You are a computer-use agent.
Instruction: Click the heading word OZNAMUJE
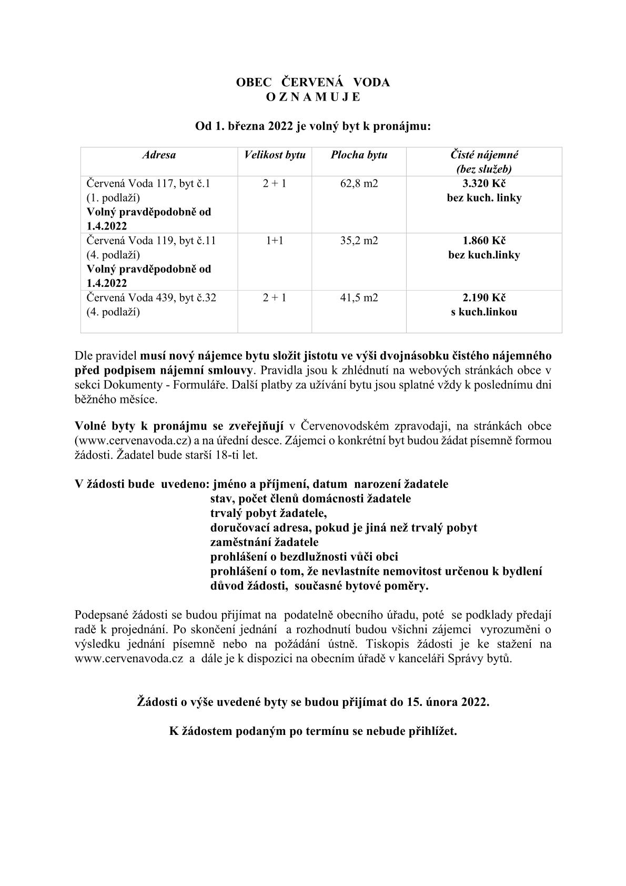pyautogui.click(x=313, y=97)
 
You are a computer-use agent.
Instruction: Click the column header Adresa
pyautogui.click(x=159, y=155)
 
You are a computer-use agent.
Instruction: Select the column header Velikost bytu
pyautogui.click(x=275, y=155)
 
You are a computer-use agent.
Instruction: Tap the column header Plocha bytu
pyautogui.click(x=359, y=155)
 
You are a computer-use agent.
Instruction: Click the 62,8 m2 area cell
pyautogui.click(x=359, y=184)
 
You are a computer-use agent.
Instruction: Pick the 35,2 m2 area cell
pyautogui.click(x=359, y=241)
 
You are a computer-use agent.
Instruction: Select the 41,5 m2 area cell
pyautogui.click(x=359, y=297)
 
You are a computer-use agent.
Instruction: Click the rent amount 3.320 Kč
pyautogui.click(x=484, y=184)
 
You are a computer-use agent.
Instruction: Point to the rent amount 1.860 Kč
pyautogui.click(x=484, y=241)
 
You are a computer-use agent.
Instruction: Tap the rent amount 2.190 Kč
pyautogui.click(x=484, y=297)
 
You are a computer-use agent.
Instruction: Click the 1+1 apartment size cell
pyautogui.click(x=275, y=241)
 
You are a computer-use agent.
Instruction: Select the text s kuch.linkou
pyautogui.click(x=484, y=312)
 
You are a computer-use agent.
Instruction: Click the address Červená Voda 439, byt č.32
pyautogui.click(x=152, y=297)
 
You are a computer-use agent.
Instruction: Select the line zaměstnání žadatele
pyautogui.click(x=265, y=542)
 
